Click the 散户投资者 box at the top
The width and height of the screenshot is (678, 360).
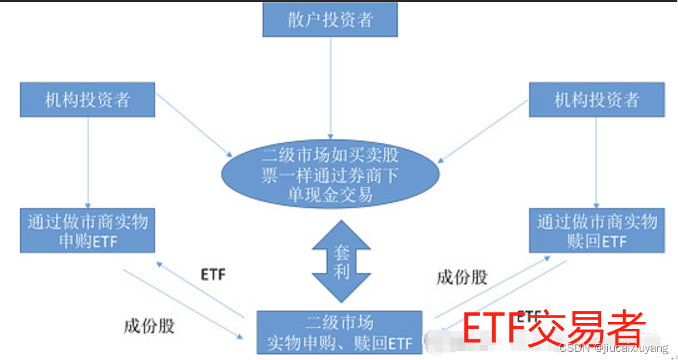330,19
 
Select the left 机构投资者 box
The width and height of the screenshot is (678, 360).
87,99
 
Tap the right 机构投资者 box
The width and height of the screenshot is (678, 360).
597,99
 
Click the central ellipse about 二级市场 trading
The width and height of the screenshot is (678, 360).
330,174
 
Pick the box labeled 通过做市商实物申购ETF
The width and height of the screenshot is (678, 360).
87,231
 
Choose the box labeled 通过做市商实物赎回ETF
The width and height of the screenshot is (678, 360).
597,231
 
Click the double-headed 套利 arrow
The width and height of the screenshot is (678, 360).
341,261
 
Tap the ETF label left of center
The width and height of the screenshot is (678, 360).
213,274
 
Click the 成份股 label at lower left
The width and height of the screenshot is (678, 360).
149,326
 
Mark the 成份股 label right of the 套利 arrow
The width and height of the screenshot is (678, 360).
462,277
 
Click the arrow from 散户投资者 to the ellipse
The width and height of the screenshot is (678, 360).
330,87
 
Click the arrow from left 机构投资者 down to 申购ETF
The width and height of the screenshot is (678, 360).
88,162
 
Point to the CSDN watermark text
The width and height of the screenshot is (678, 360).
613,347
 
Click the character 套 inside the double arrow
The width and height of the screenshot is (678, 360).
341,252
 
